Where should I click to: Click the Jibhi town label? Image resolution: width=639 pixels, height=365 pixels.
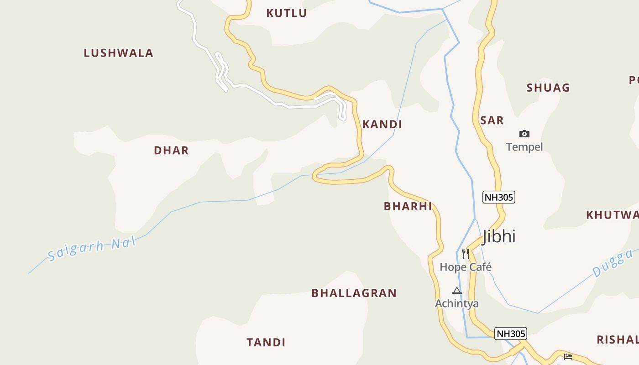pyautogui.click(x=499, y=236)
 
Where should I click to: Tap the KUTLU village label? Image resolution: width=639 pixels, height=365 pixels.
pyautogui.click(x=287, y=13)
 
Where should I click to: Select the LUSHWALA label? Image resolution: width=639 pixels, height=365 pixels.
pyautogui.click(x=118, y=53)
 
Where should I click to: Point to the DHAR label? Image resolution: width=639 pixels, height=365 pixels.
pyautogui.click(x=171, y=151)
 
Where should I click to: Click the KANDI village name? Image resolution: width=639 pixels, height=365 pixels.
pyautogui.click(x=382, y=124)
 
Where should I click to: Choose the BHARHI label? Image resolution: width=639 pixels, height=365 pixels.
pyautogui.click(x=408, y=206)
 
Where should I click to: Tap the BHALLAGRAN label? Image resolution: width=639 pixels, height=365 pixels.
pyautogui.click(x=354, y=293)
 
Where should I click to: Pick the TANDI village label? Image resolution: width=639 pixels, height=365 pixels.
pyautogui.click(x=266, y=342)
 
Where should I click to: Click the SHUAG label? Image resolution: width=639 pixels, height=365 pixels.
pyautogui.click(x=548, y=88)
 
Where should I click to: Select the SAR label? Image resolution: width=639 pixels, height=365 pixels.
pyautogui.click(x=492, y=120)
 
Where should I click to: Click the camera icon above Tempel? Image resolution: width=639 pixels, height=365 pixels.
pyautogui.click(x=524, y=134)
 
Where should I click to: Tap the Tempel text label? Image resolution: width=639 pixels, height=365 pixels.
pyautogui.click(x=524, y=147)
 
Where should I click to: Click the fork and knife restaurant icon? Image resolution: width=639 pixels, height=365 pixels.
pyautogui.click(x=466, y=253)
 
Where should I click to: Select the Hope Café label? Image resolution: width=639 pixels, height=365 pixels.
pyautogui.click(x=466, y=267)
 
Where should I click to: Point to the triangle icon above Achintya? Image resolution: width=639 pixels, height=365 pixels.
pyautogui.click(x=456, y=291)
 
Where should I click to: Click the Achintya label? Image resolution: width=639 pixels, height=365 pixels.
pyautogui.click(x=456, y=303)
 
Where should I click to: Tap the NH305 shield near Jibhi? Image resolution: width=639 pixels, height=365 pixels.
pyautogui.click(x=499, y=197)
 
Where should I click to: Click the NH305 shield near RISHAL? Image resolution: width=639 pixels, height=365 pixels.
pyautogui.click(x=511, y=334)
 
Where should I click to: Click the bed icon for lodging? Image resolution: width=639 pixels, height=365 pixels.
pyautogui.click(x=568, y=356)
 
